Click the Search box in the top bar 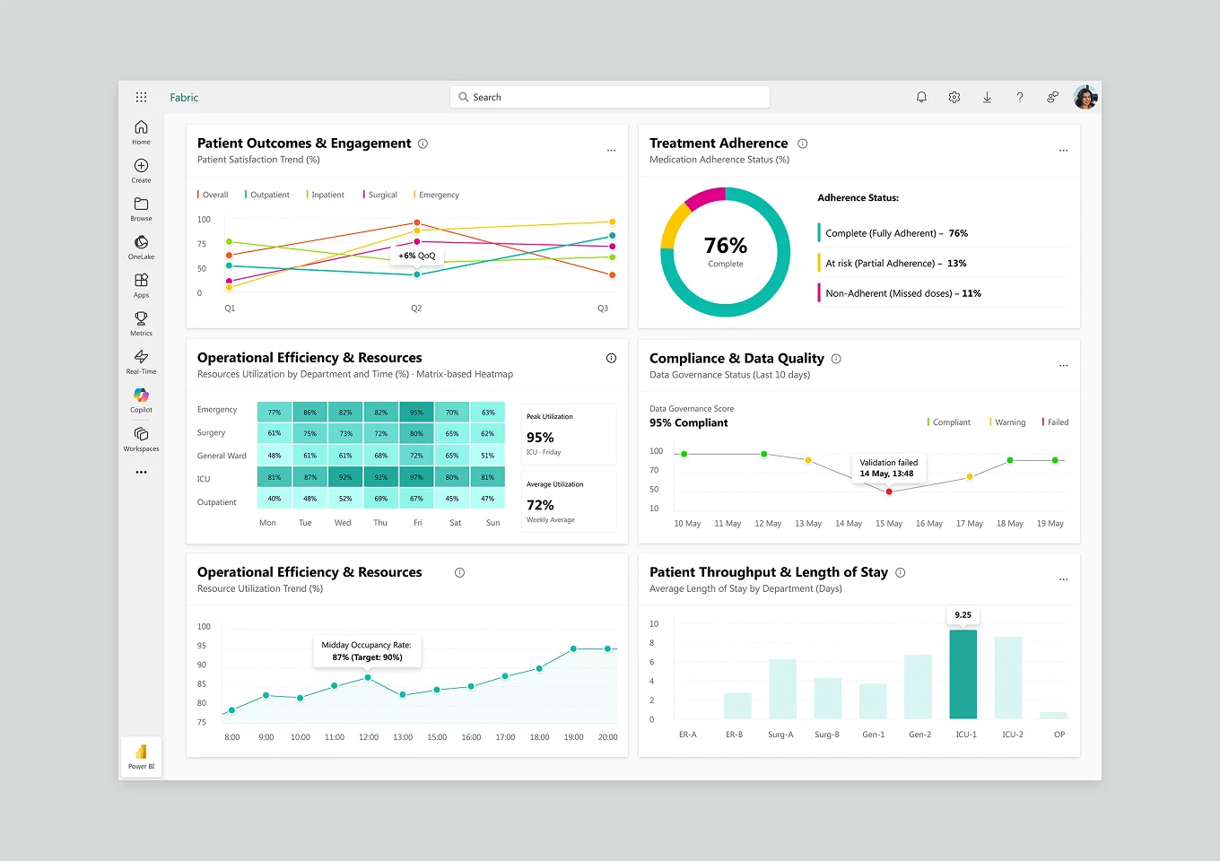coord(610,97)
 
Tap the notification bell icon coord(921,97)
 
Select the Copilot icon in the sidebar coord(141,396)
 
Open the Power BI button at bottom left coord(141,756)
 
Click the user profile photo coord(1085,97)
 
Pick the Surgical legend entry coord(380,195)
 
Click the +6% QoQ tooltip coord(417,256)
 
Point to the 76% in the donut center coord(726,246)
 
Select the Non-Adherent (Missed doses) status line coord(902,293)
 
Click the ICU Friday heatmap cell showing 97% coord(416,478)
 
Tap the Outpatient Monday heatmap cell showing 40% coord(274,499)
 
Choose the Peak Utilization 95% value coord(540,438)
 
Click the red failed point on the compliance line coord(889,491)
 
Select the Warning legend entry coord(1008,422)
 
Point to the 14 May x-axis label coord(848,524)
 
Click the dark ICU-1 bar coord(963,674)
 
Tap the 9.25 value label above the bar coord(963,615)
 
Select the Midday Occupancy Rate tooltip coord(368,651)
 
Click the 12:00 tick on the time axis coord(369,737)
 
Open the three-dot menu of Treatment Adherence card coord(1063,151)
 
